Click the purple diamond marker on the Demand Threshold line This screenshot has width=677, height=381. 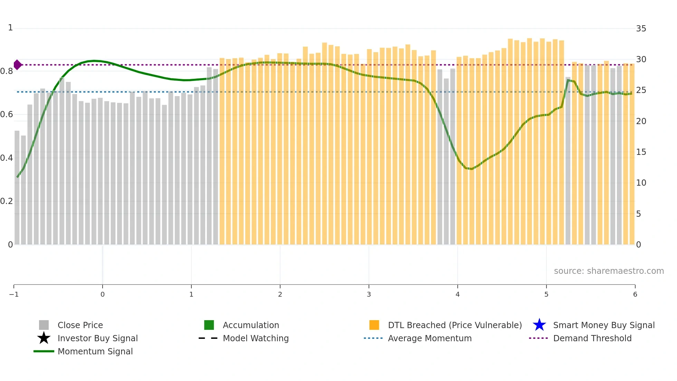[17, 65]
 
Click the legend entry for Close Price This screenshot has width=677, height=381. [80, 325]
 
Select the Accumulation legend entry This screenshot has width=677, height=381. [250, 325]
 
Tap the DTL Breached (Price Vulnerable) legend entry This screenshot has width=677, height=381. [455, 325]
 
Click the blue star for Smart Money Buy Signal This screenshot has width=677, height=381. [539, 325]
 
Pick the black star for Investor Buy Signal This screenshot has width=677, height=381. [44, 338]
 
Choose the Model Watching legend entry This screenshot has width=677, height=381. [255, 338]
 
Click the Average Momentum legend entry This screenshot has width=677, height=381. [429, 338]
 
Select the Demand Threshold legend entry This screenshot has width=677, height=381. [592, 338]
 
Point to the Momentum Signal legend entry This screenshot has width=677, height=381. [95, 351]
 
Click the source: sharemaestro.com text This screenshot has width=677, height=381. [609, 271]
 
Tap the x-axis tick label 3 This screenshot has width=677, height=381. [369, 294]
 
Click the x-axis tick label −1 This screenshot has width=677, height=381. [14, 294]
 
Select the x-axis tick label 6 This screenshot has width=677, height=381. [635, 294]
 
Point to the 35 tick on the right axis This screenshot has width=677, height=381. [641, 28]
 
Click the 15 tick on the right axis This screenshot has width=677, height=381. [641, 152]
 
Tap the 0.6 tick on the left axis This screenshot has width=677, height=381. [7, 114]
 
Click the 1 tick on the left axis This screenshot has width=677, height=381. [10, 28]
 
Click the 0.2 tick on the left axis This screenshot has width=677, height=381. [7, 201]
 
